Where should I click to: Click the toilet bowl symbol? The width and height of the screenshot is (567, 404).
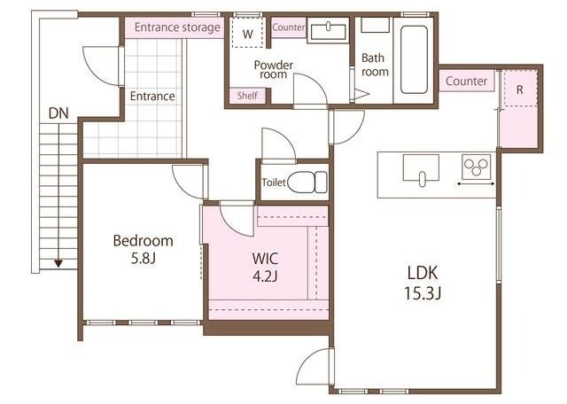(x=307, y=182)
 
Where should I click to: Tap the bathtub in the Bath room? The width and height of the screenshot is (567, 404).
(x=414, y=59)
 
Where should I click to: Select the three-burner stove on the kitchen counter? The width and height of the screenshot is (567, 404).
(x=477, y=167)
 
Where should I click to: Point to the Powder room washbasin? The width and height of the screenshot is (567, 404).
(x=328, y=30)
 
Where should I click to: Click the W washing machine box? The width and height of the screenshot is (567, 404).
(x=248, y=32)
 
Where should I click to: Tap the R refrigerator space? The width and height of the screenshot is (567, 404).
(x=520, y=89)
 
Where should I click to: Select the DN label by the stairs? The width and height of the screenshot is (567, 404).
(x=58, y=113)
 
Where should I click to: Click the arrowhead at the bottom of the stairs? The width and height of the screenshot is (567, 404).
(x=58, y=263)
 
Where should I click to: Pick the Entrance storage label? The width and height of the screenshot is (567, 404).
(x=177, y=27)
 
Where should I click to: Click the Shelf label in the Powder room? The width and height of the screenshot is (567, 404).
(x=247, y=96)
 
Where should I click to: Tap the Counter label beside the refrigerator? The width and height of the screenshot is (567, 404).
(x=466, y=81)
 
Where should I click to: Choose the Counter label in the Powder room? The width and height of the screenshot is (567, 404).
(x=289, y=27)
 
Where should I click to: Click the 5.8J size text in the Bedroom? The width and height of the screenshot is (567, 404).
(x=144, y=258)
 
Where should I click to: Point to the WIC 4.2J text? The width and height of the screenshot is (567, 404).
(x=265, y=268)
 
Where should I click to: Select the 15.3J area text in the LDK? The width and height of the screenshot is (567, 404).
(x=423, y=293)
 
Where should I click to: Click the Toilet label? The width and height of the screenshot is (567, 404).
(x=274, y=182)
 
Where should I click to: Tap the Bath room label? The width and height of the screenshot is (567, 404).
(x=375, y=65)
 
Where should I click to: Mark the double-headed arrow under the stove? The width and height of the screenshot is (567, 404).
(x=476, y=184)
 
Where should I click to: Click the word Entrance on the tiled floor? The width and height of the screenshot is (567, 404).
(x=152, y=97)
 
